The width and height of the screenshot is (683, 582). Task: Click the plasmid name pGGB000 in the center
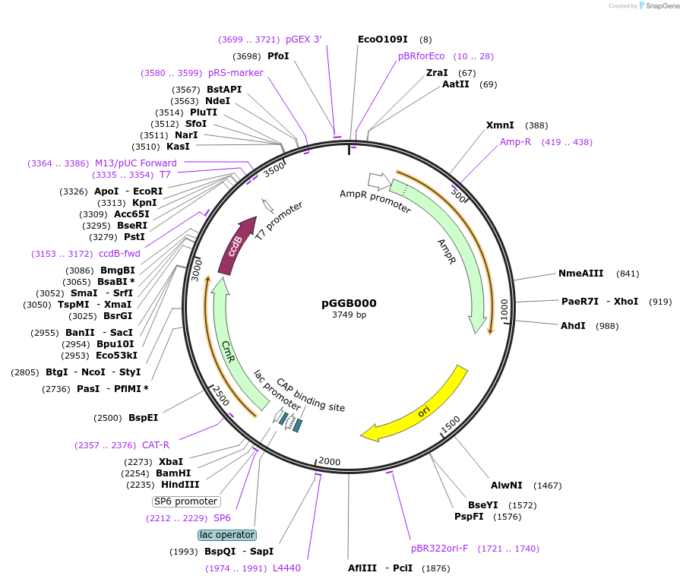[x=349, y=303]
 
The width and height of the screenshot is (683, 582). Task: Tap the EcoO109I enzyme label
[x=383, y=39]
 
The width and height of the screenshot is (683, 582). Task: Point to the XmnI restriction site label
[x=500, y=125]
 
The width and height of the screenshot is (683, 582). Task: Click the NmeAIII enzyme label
[x=580, y=274]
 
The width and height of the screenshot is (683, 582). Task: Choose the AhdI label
[x=573, y=326]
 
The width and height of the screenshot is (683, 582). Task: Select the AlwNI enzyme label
[x=506, y=485]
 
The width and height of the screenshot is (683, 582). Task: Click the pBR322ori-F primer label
[x=440, y=548]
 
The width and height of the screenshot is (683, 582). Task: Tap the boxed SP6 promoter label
[x=186, y=501]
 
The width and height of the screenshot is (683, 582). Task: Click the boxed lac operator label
[x=227, y=535]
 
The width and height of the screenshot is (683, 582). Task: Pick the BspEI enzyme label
[x=143, y=418]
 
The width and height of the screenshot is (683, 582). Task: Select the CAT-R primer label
[x=156, y=445]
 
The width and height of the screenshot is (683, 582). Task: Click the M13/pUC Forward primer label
[x=136, y=163]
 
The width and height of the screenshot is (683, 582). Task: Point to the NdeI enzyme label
[x=217, y=100]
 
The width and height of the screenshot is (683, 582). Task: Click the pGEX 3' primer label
[x=304, y=39]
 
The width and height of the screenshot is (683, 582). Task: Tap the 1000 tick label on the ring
[x=504, y=309]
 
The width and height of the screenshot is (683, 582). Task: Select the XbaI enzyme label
[x=171, y=461]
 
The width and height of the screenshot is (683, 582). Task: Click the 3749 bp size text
[x=349, y=315]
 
